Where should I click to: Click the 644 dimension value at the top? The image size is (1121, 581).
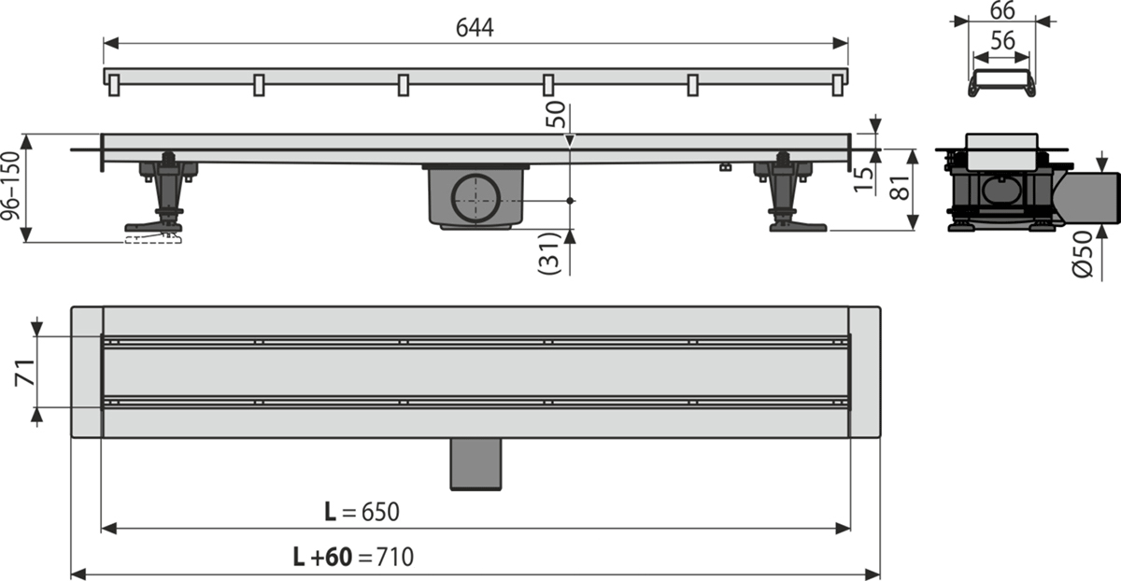475,27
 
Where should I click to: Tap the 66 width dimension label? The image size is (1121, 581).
1002,10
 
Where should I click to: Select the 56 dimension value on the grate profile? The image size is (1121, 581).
1002,40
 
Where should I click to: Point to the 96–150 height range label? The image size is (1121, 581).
11,186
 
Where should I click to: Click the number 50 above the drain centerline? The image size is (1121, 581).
556,115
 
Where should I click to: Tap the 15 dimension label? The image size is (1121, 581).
863,179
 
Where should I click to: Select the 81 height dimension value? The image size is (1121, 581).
901,188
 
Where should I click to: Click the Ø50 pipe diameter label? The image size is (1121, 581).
1083,254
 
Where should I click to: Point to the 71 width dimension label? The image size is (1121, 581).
25,373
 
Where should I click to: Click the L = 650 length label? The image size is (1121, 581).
362,512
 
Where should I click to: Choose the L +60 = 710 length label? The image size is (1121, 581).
353,557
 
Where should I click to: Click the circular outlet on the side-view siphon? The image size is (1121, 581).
475,198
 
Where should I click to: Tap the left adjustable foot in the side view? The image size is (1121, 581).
162,191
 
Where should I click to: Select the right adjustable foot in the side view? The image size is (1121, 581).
789,192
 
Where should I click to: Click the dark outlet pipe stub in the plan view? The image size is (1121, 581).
475,464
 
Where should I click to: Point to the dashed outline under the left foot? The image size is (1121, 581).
153,239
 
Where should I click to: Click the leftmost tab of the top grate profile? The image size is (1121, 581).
114,85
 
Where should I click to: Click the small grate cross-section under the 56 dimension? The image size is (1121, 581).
1001,83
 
